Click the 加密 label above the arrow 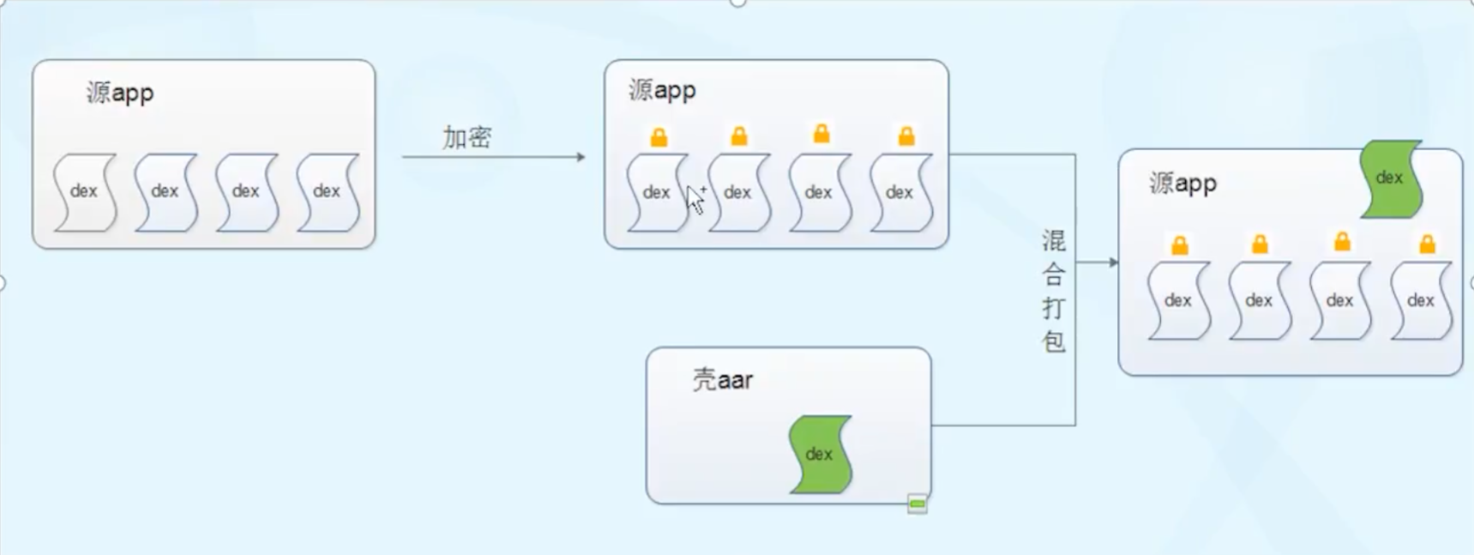tap(466, 137)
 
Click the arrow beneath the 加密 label tap(493, 157)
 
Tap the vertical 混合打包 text tap(1053, 291)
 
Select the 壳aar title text tap(722, 379)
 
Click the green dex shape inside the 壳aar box tap(820, 454)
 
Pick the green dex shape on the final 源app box tap(1390, 178)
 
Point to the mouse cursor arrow tap(695, 199)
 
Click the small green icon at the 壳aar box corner tap(917, 504)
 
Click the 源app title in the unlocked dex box tap(120, 93)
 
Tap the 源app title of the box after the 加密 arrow tap(662, 90)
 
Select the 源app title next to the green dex tap(1182, 183)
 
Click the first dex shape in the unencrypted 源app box tap(84, 191)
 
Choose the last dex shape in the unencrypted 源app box tap(327, 191)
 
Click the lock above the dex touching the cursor tap(659, 137)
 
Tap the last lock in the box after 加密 tap(905, 136)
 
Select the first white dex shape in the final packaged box tap(1178, 301)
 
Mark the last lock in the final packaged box tap(1427, 244)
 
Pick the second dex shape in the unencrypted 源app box tap(165, 191)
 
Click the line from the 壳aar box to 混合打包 tap(1003, 425)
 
